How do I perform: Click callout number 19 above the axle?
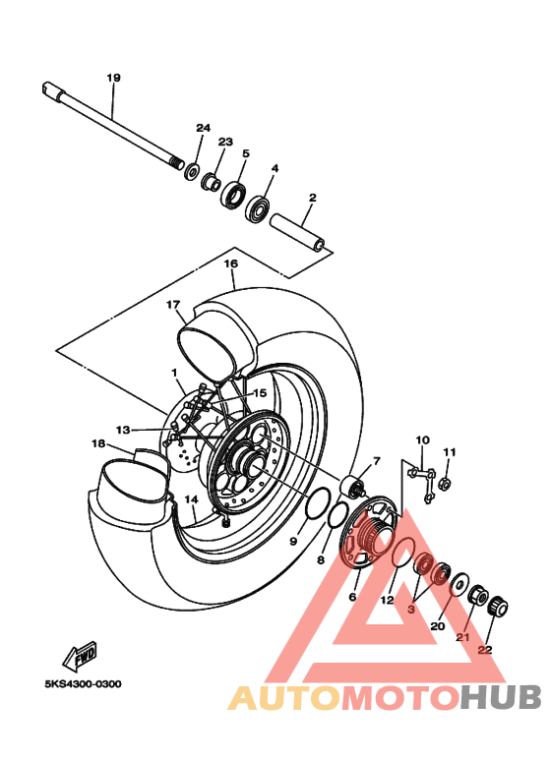click(x=113, y=78)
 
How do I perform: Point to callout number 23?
click(x=224, y=143)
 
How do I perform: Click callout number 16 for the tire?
click(x=231, y=263)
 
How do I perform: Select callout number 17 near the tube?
click(x=173, y=305)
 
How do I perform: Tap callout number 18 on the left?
click(x=97, y=443)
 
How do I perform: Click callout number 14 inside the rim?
click(x=193, y=498)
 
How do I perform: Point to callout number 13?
click(x=122, y=430)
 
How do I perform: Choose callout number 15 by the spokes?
click(x=260, y=392)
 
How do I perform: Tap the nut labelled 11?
click(x=444, y=483)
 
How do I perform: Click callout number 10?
click(x=423, y=439)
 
